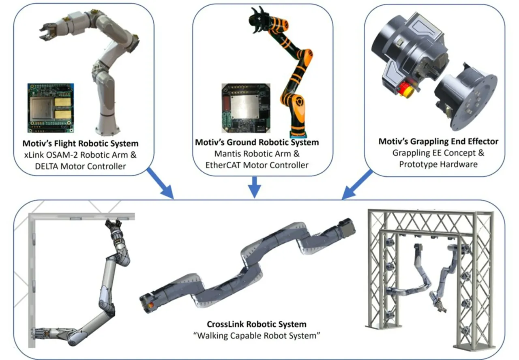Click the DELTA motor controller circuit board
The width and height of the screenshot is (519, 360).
pyautogui.click(x=51, y=107)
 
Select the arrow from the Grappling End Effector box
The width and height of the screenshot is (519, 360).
pyautogui.click(x=357, y=184)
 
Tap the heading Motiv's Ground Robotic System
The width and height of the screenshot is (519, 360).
pyautogui.click(x=257, y=142)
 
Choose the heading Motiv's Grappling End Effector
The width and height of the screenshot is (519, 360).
pyautogui.click(x=438, y=141)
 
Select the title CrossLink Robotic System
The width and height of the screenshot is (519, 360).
pyautogui.click(x=257, y=324)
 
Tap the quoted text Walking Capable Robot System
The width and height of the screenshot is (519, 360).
pyautogui.click(x=257, y=336)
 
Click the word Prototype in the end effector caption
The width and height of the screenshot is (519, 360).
pyautogui.click(x=417, y=164)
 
